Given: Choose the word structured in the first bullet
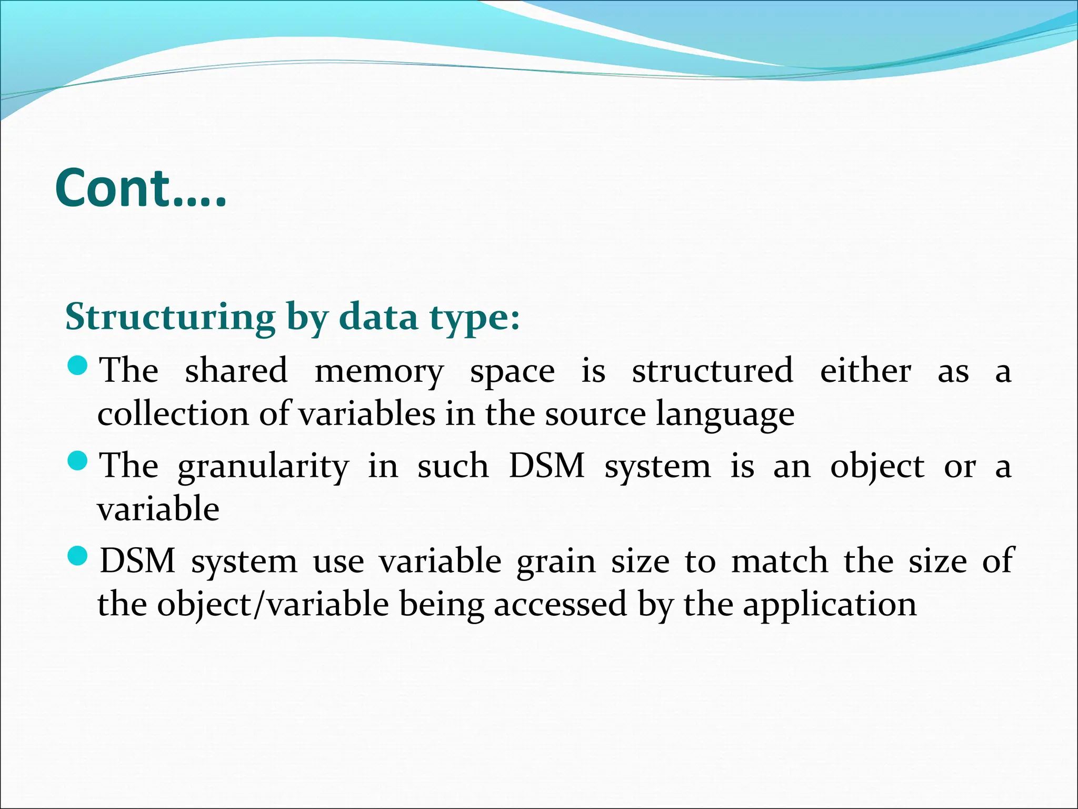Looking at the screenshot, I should [712, 370].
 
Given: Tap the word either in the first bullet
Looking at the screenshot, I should [865, 370].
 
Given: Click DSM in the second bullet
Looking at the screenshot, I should [547, 466].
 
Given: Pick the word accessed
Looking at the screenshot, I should [560, 604].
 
